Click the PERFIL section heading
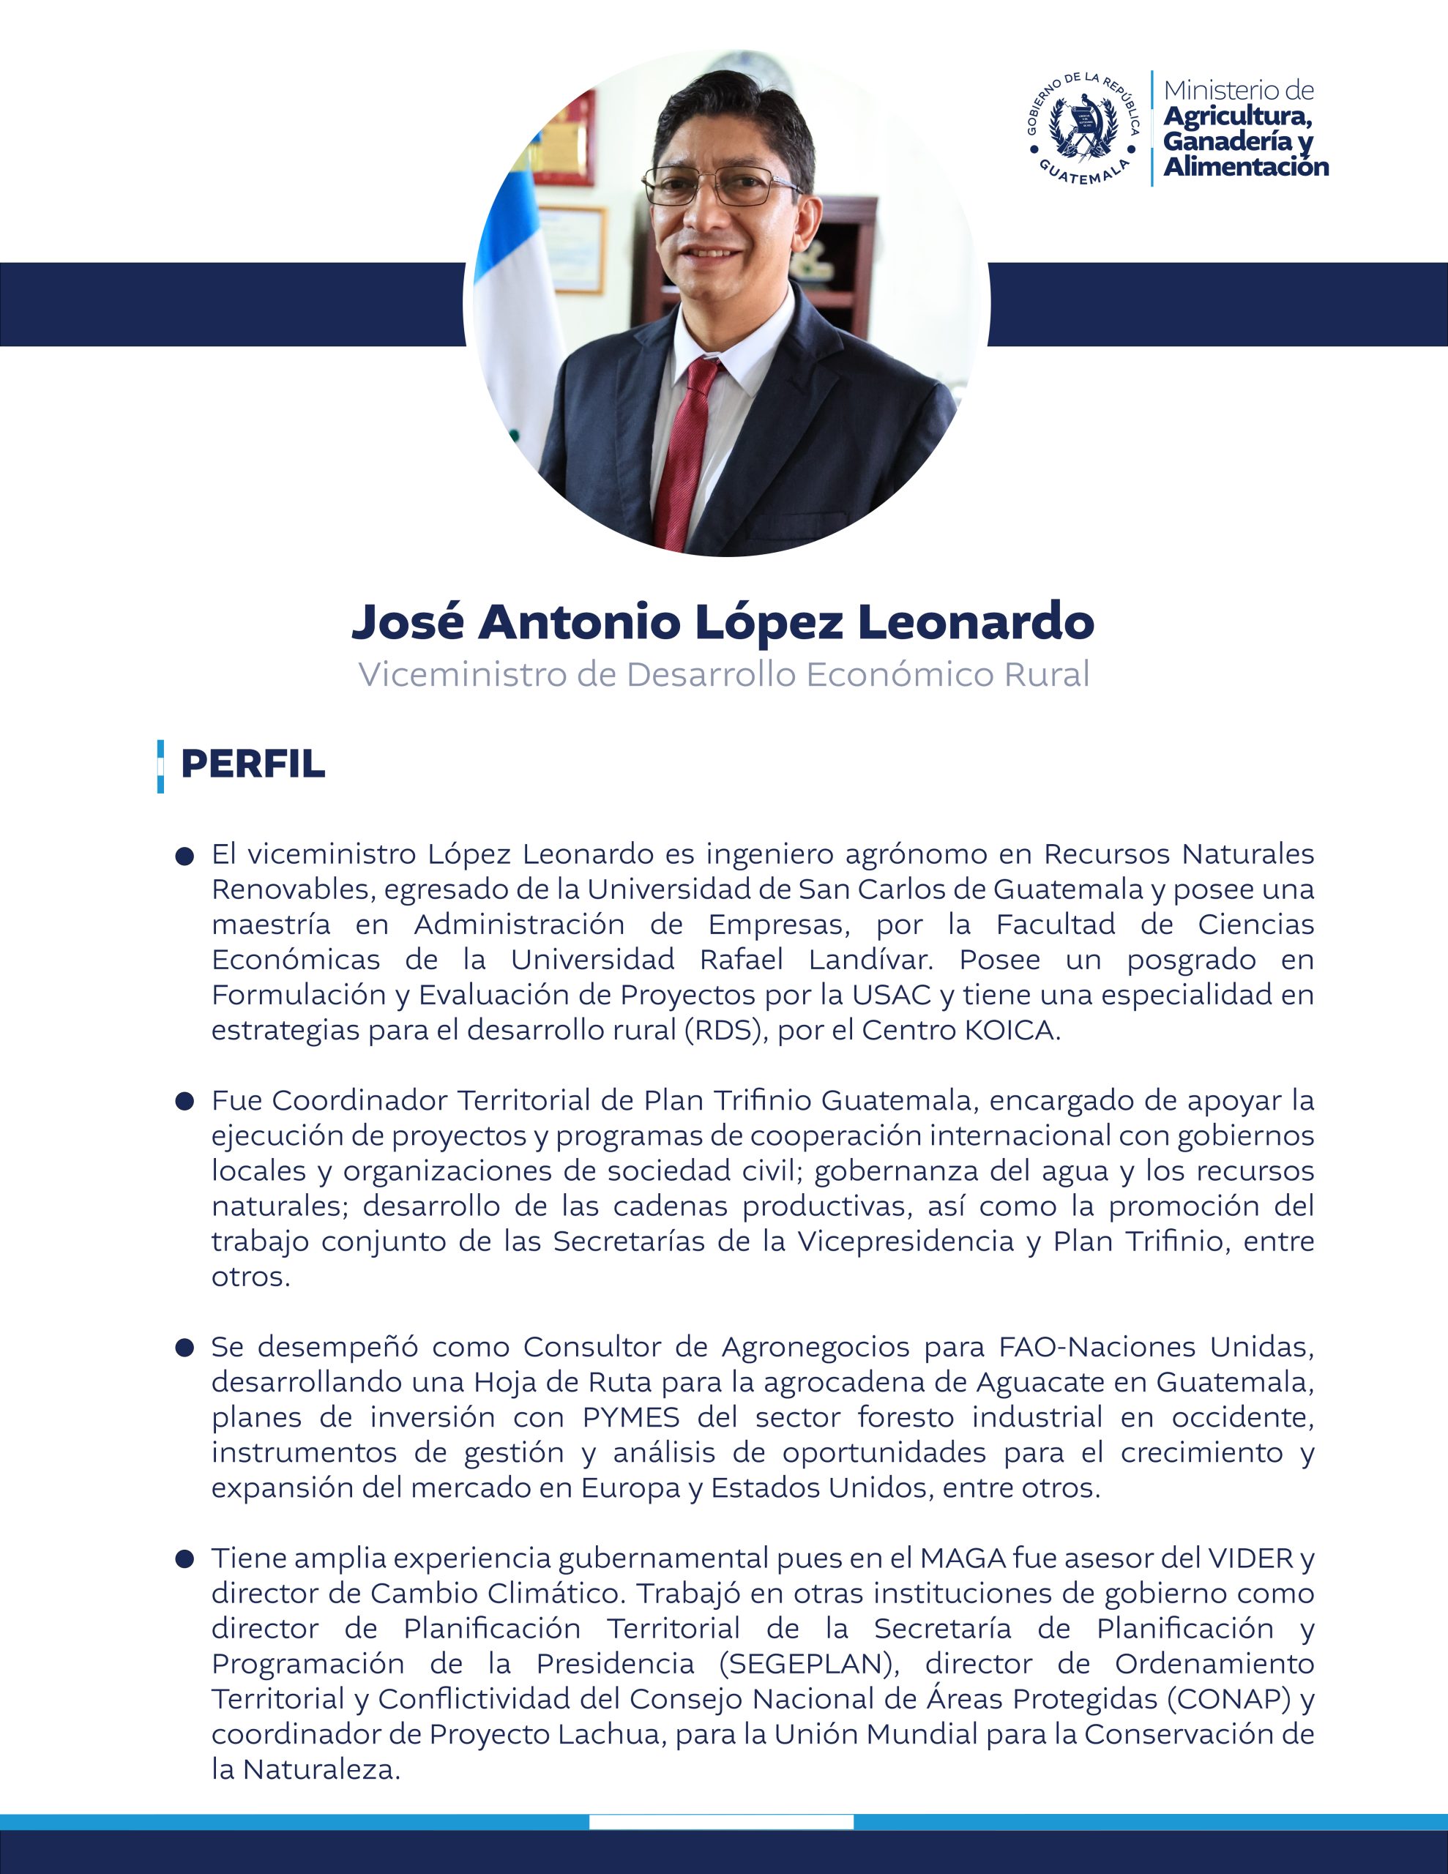tap(253, 764)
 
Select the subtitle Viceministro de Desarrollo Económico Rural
tap(723, 674)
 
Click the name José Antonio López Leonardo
tap(723, 622)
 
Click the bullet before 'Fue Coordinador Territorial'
tap(184, 1102)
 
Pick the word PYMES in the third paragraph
tap(631, 1416)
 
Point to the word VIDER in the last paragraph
tap(1250, 1558)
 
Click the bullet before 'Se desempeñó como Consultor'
tap(184, 1348)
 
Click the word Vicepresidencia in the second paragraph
tap(906, 1242)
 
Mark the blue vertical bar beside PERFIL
tap(160, 766)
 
